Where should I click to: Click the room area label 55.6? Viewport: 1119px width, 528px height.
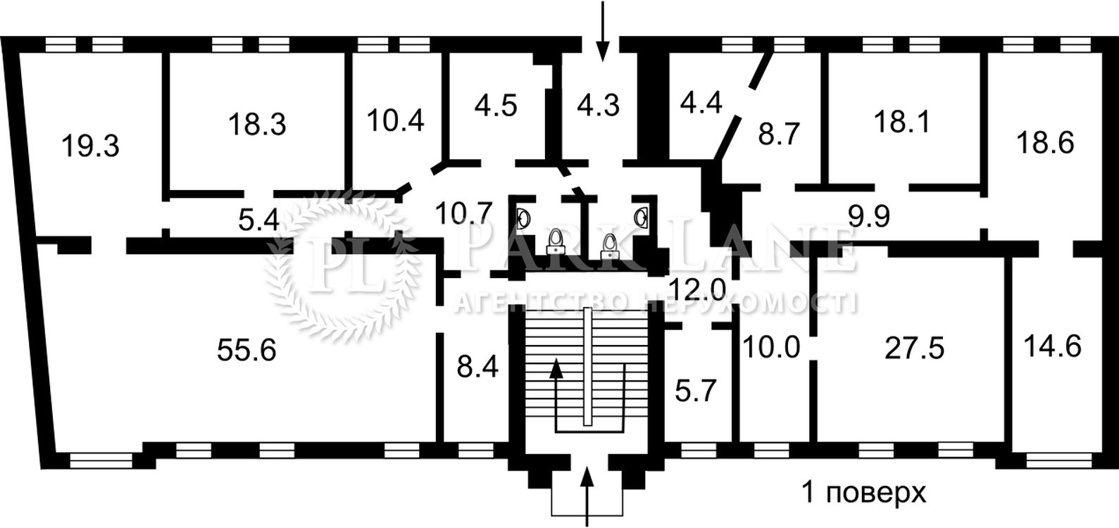(246, 349)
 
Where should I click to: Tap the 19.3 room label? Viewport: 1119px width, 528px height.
(89, 146)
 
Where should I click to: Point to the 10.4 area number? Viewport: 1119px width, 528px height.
(396, 120)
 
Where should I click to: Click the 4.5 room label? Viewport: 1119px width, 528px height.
(496, 105)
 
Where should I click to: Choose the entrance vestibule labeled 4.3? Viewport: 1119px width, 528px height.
(598, 105)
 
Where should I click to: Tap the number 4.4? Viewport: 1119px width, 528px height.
(701, 103)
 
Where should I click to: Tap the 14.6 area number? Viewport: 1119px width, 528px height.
(1053, 347)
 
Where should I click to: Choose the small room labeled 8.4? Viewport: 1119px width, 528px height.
(477, 367)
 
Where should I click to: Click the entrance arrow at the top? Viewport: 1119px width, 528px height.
(602, 32)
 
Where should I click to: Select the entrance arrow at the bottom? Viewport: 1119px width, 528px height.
(588, 496)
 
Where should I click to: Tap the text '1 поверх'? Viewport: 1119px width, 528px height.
(865, 493)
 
